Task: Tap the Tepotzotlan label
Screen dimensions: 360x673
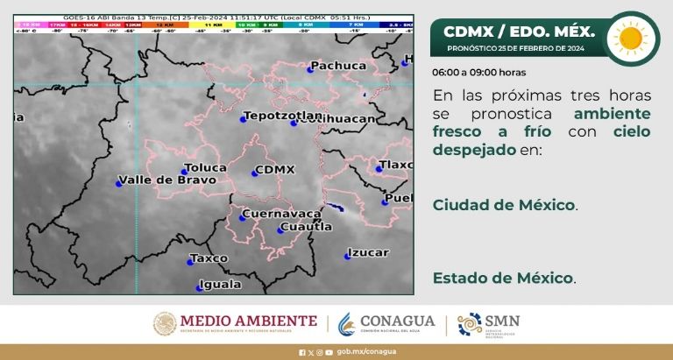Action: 271,116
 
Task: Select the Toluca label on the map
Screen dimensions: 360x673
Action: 205,167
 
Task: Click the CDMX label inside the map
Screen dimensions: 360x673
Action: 274,169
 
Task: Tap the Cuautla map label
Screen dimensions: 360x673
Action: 305,227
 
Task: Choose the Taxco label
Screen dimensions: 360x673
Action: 210,258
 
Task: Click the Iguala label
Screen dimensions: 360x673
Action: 220,284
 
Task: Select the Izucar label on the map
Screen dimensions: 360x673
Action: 368,252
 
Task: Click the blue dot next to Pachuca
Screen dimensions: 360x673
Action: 310,68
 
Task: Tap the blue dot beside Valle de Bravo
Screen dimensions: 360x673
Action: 119,183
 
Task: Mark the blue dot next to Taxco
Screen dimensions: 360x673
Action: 190,261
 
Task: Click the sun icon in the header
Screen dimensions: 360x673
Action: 630,38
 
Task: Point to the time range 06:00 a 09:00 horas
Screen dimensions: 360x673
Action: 479,72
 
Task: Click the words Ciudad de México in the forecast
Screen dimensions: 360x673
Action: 504,205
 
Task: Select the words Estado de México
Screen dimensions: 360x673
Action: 503,278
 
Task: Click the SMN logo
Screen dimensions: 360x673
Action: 488,324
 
